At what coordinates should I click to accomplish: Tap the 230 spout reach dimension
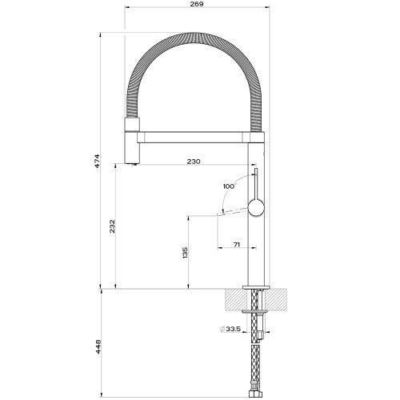193,162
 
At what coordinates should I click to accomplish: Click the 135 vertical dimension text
186,253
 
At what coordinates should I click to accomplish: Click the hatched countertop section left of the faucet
235,299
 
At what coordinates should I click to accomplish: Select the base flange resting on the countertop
256,286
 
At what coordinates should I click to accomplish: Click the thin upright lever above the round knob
255,184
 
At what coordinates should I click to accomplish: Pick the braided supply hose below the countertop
257,360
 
